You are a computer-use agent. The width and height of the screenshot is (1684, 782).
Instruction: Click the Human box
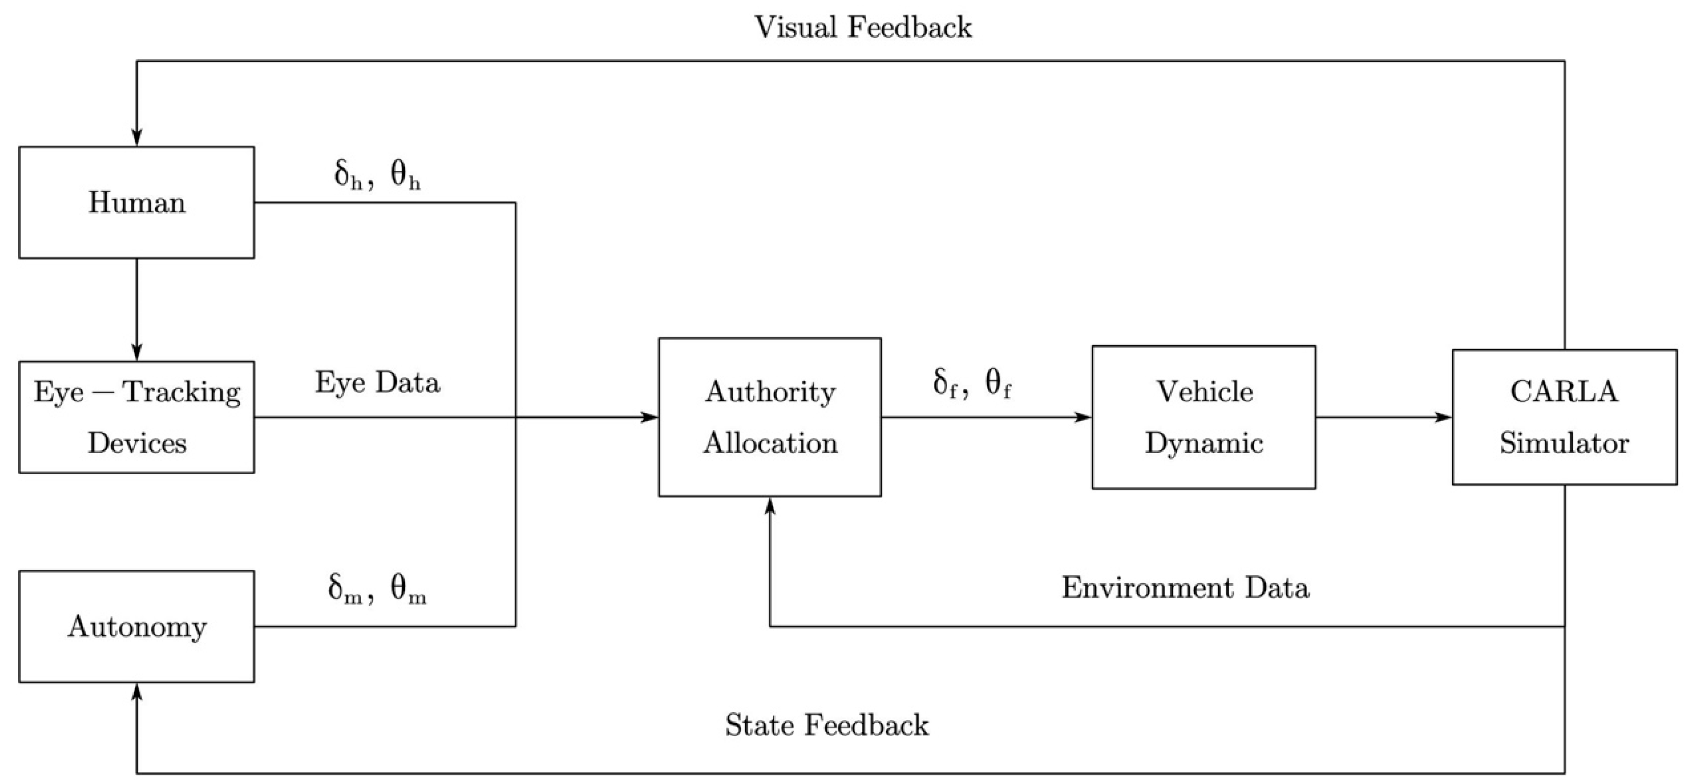coord(137,203)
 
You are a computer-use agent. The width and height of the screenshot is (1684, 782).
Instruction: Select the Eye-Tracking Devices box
coord(137,417)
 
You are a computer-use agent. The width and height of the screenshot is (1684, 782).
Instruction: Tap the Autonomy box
coord(137,626)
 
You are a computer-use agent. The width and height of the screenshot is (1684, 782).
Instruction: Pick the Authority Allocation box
coord(770,417)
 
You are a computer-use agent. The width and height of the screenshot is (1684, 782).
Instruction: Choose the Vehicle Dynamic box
coord(1204,417)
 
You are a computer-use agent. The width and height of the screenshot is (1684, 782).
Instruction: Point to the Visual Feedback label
coord(864,27)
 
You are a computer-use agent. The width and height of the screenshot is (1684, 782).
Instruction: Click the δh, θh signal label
coord(377,174)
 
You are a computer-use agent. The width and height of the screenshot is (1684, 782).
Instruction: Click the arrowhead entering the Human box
coord(137,136)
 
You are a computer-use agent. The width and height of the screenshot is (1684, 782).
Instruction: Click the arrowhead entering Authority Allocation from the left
coord(648,417)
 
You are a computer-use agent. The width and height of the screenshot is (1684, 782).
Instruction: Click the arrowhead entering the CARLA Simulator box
coord(1443,417)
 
